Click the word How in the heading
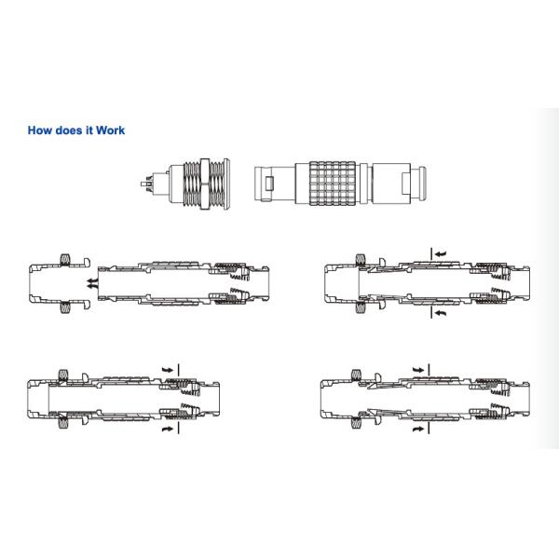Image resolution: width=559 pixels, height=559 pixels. pyautogui.click(x=40, y=130)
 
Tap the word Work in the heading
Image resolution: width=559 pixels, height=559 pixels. pyautogui.click(x=110, y=130)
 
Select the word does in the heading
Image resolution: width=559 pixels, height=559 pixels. pyautogui.click(x=69, y=130)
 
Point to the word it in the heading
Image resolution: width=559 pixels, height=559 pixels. pyautogui.click(x=89, y=130)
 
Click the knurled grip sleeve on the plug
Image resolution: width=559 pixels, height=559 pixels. pyautogui.click(x=333, y=184)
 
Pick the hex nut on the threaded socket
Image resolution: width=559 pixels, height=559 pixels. pyautogui.click(x=205, y=184)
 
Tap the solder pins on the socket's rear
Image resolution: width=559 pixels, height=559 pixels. pyautogui.click(x=147, y=184)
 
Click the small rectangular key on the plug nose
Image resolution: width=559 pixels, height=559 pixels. pyautogui.click(x=269, y=184)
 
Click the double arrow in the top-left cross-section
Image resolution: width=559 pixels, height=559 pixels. pyautogui.click(x=91, y=283)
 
